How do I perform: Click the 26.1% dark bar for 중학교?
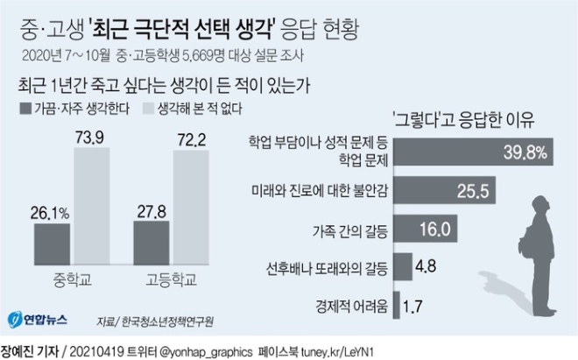[x=52, y=244]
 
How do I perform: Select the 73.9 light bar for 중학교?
[x=92, y=206]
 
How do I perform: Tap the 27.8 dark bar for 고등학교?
[x=152, y=243]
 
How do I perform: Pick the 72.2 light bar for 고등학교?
[x=191, y=208]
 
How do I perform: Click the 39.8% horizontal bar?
[x=473, y=152]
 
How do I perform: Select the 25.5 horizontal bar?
[x=444, y=190]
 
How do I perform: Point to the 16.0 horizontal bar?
[x=426, y=229]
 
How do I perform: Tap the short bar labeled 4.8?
[x=403, y=266]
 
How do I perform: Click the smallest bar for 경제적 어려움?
[x=397, y=305]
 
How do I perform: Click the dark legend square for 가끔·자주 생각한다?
[x=25, y=109]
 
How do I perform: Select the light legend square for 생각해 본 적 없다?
[x=148, y=109]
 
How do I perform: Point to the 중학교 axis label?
[x=72, y=279]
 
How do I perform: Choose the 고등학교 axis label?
[x=172, y=279]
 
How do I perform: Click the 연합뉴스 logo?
[x=38, y=320]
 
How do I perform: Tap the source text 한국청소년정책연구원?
[x=167, y=321]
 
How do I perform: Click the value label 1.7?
[x=412, y=307]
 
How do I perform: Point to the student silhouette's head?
[x=540, y=206]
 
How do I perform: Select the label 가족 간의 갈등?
[x=350, y=231]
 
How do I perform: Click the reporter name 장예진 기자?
[x=30, y=351]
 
